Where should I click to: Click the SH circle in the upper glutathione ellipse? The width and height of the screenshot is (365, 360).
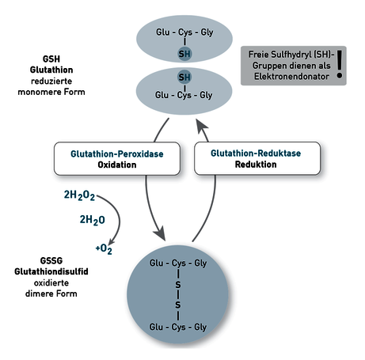[184, 54]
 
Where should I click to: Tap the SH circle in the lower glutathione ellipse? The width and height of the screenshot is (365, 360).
[184, 78]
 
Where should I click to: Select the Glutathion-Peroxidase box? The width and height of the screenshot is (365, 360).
[117, 159]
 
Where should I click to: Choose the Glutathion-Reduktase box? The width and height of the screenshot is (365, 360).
[257, 158]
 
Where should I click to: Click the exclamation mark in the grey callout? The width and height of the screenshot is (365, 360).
[340, 64]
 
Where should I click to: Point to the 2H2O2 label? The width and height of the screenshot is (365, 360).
[79, 195]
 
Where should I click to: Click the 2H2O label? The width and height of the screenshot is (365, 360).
[93, 220]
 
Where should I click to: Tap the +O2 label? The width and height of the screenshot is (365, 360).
[104, 248]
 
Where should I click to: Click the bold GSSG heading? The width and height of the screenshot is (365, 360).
[51, 260]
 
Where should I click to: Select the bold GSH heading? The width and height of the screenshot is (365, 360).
[51, 59]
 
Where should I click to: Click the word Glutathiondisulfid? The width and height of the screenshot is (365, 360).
[51, 271]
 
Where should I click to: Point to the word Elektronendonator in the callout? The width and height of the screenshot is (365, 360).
[291, 77]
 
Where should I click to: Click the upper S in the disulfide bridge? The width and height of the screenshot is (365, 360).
[178, 285]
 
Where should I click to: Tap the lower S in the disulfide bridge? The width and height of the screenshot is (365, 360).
[178, 305]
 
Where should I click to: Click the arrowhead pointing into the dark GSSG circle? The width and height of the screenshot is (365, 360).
[160, 233]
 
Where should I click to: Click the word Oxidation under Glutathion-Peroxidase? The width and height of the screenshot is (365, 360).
[117, 165]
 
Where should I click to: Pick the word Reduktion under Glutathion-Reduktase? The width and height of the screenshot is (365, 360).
[256, 165]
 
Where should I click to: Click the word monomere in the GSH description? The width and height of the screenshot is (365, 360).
[37, 92]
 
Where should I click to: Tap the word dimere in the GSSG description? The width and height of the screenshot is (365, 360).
[37, 294]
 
